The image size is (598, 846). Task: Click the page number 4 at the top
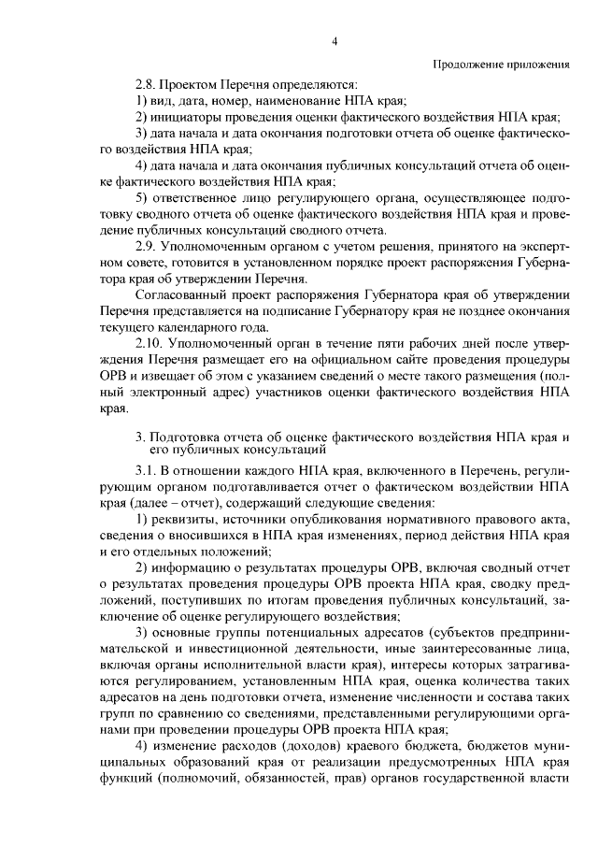click(x=335, y=40)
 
